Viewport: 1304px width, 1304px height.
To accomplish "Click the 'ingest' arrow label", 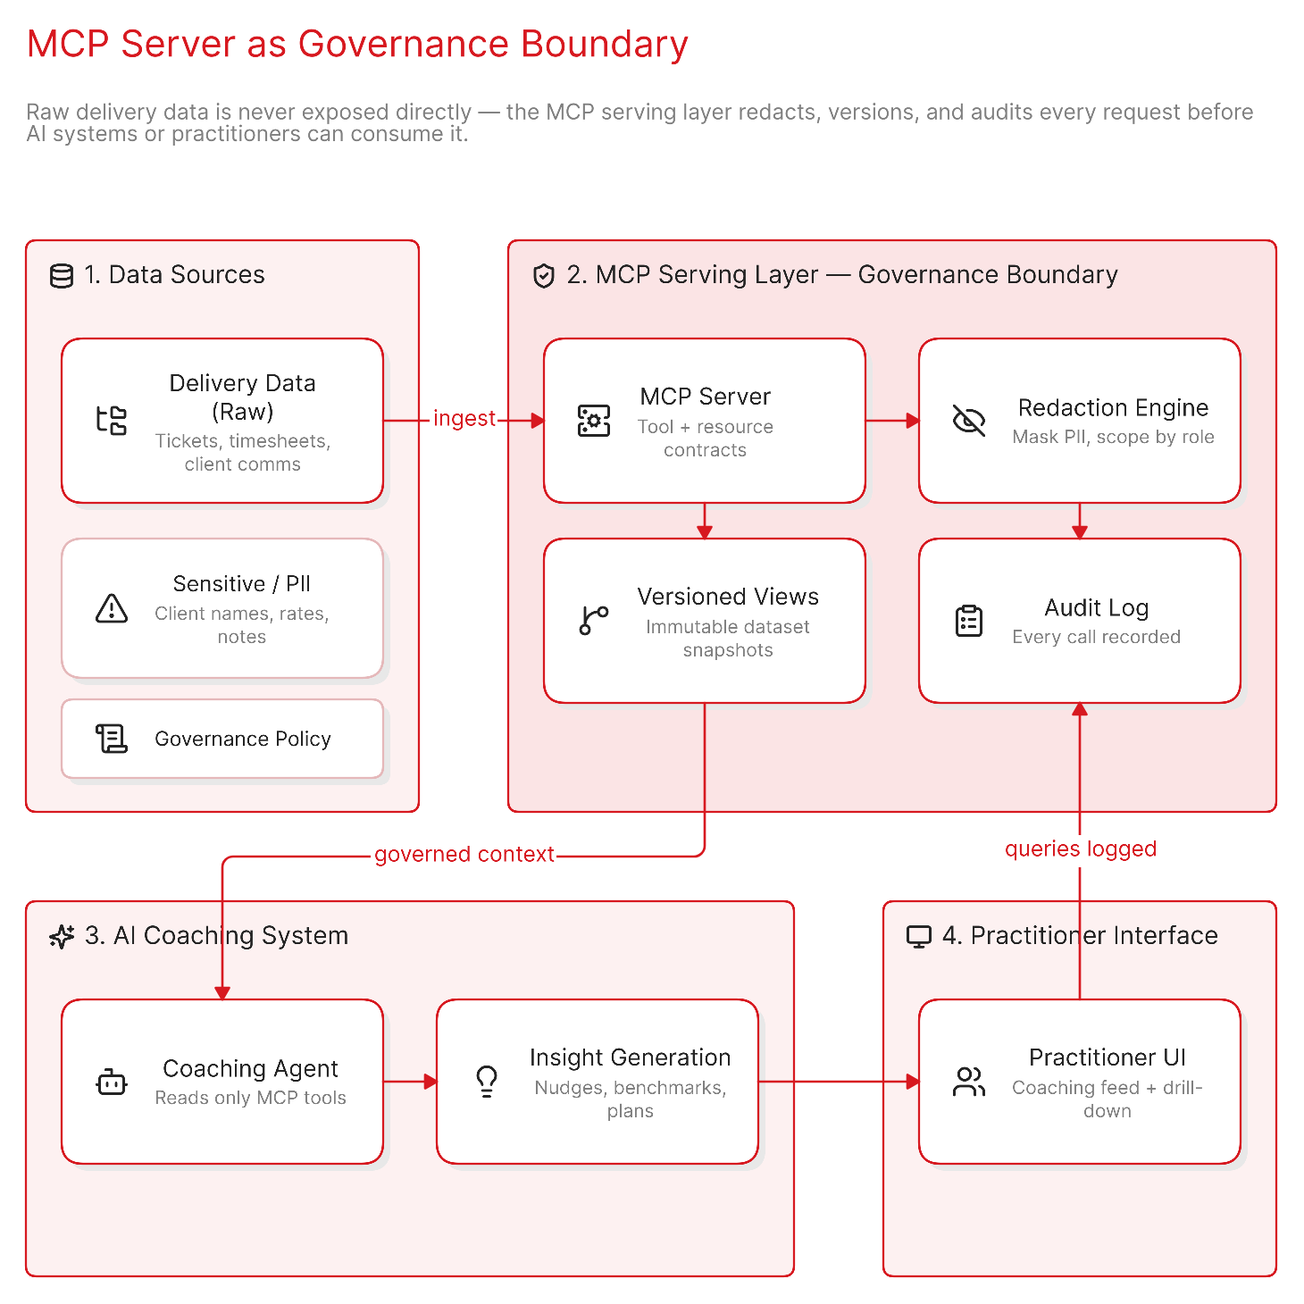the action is [464, 418].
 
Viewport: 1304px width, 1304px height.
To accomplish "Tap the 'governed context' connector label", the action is [464, 854].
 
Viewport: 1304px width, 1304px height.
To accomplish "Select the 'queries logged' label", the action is [1080, 848].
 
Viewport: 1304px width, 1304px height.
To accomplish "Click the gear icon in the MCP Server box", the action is [593, 421].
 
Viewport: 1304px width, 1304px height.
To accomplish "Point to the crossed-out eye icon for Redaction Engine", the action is [968, 421].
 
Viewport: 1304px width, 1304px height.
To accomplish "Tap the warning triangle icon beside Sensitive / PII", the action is [112, 608].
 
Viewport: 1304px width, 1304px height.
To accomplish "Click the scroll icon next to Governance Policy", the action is [112, 739].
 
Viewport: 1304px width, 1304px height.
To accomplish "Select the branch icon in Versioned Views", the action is [593, 621].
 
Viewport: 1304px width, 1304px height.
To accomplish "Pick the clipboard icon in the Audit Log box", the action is [968, 621].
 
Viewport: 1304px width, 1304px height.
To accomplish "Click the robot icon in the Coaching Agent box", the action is [112, 1082].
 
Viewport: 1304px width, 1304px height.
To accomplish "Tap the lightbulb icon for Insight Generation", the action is [487, 1082].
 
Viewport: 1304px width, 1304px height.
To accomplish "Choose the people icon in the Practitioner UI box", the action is [968, 1082].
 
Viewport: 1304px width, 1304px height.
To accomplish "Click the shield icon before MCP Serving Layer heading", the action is [543, 275].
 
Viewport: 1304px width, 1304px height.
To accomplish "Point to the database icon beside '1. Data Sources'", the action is [62, 275].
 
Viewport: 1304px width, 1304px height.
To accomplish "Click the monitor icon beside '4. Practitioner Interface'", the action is [918, 937].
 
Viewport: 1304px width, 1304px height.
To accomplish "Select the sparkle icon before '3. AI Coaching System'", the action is [62, 937].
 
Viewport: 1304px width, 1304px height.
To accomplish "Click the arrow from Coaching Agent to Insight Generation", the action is [410, 1082].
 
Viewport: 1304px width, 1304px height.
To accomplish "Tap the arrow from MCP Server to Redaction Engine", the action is [892, 421].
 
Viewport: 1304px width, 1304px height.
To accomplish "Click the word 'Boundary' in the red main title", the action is [605, 45].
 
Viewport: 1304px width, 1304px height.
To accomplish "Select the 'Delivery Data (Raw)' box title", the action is [242, 397].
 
